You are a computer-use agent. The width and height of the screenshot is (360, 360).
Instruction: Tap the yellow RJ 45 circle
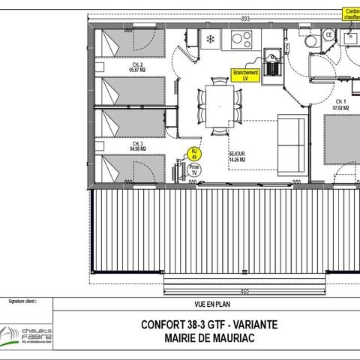194,153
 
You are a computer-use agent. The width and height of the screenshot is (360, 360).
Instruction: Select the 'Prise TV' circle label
194,169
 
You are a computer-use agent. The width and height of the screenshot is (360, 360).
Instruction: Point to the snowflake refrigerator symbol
210,37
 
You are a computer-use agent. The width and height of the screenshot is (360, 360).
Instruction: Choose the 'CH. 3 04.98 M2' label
137,145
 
